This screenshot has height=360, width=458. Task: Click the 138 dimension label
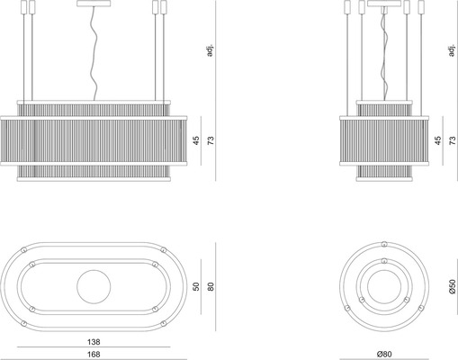(94, 342)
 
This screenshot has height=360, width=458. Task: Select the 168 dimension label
(94, 355)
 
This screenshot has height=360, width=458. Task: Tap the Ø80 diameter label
(384, 355)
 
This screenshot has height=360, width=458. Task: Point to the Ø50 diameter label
(453, 286)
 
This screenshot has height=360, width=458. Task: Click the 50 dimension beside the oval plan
(196, 286)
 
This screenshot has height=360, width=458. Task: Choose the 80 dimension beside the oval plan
(211, 286)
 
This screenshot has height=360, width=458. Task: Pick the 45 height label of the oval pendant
(196, 140)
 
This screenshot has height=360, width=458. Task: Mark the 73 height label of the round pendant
(453, 140)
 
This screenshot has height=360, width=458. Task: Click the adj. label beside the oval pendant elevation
(210, 50)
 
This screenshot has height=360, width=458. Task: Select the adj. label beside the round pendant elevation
(452, 50)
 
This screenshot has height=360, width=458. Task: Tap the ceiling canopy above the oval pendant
(94, 4)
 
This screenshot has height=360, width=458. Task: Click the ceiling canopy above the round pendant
(384, 4)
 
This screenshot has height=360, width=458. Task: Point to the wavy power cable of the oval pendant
(95, 53)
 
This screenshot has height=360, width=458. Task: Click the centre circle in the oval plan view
(94, 286)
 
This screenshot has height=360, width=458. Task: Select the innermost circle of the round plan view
(384, 286)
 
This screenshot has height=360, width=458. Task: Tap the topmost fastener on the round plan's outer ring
(384, 244)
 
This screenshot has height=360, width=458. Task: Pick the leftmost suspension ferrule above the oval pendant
(23, 7)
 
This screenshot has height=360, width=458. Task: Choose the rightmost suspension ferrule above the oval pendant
(164, 7)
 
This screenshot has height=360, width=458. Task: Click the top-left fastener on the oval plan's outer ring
(23, 249)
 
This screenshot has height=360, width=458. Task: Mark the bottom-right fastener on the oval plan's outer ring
(164, 323)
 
